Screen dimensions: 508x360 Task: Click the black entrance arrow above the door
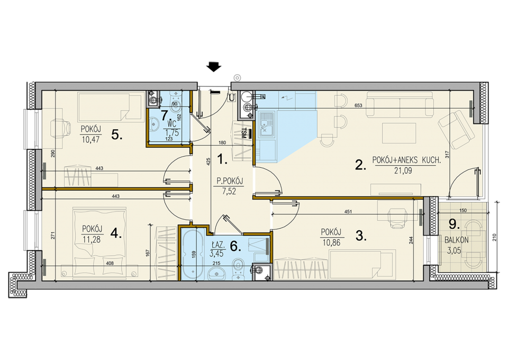pyautogui.click(x=214, y=66)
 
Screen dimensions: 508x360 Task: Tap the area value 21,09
pyautogui.click(x=403, y=170)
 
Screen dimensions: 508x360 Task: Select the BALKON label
pyautogui.click(x=457, y=240)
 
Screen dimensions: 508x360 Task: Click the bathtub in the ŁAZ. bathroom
pyautogui.click(x=193, y=254)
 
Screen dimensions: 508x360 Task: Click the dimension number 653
pyautogui.click(x=358, y=105)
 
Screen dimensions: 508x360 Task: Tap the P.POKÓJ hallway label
pyautogui.click(x=230, y=181)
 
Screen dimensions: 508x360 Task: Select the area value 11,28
pyautogui.click(x=92, y=240)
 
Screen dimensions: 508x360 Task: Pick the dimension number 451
pyautogui.click(x=348, y=212)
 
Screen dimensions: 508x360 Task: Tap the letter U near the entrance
pyautogui.click(x=232, y=97)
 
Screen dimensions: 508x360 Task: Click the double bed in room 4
pyautogui.click(x=99, y=243)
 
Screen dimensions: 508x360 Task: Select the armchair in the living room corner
pyautogui.click(x=453, y=130)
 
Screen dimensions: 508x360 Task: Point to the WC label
pyautogui.click(x=171, y=124)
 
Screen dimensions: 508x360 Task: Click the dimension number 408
pyautogui.click(x=110, y=264)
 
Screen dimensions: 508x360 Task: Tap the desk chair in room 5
pyautogui.click(x=61, y=128)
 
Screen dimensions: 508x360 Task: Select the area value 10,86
pyautogui.click(x=331, y=242)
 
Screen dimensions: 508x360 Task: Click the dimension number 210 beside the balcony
pyautogui.click(x=494, y=238)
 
